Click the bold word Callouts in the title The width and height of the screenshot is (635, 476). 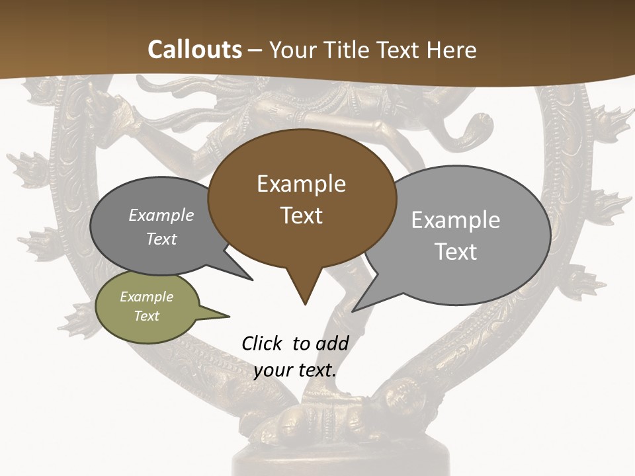click(194, 50)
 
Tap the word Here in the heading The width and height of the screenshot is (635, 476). click(449, 50)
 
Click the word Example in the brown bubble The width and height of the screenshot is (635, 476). click(301, 184)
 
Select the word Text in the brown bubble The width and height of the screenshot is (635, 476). click(302, 216)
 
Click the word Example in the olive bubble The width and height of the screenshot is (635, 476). click(147, 297)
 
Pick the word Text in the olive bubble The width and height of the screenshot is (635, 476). click(147, 316)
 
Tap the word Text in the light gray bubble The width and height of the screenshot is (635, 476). click(456, 252)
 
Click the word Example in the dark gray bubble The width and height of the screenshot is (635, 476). click(161, 215)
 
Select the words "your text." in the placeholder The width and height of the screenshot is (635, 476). click(295, 370)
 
